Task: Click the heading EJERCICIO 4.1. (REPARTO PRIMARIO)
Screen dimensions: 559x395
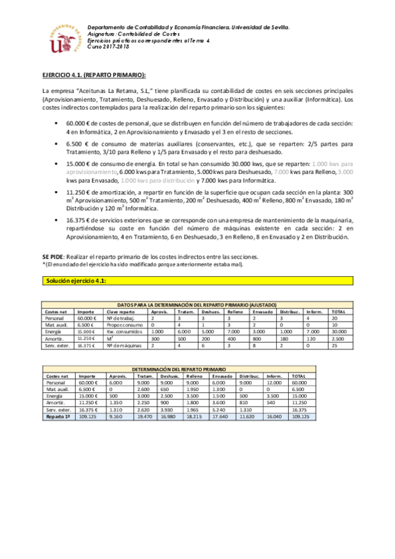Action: tap(94, 75)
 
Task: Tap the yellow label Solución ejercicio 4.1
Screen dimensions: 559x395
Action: tap(76, 281)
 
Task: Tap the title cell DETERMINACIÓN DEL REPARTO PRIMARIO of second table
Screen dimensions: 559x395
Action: tap(178, 370)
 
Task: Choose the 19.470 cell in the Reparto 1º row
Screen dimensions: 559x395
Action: tap(146, 416)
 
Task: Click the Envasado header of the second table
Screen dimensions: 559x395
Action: tap(222, 376)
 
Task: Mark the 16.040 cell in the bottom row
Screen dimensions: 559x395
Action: tap(275, 416)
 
